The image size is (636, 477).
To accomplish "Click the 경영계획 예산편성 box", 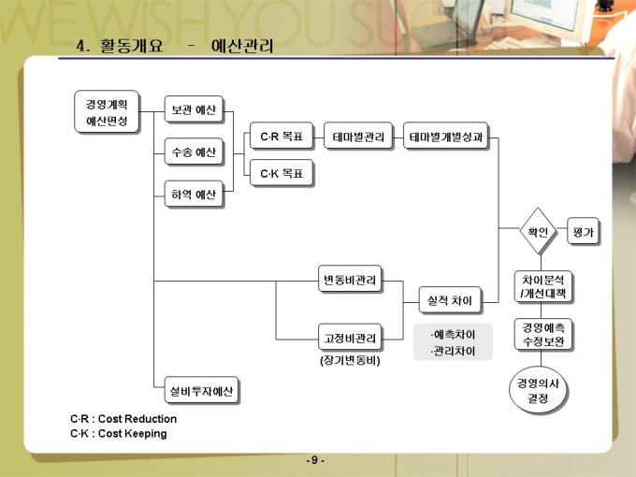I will [107, 112].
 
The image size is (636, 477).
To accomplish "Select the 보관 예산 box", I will [194, 109].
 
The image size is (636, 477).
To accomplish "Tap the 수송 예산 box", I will [194, 152].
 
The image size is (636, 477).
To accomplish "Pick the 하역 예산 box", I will [194, 195].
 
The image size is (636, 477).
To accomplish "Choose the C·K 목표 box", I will [281, 172].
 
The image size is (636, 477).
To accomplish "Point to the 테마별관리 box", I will [358, 137].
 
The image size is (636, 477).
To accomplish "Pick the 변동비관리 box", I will [350, 281].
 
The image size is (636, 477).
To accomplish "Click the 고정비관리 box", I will [350, 337].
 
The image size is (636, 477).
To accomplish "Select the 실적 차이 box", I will [448, 300].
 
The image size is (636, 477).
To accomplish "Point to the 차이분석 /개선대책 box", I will [542, 286].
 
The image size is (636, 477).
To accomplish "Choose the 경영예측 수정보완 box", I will [542, 335].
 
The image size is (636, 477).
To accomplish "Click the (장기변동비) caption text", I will [350, 359].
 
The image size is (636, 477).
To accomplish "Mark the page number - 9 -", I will [316, 460].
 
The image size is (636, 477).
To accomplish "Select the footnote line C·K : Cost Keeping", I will [119, 434].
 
